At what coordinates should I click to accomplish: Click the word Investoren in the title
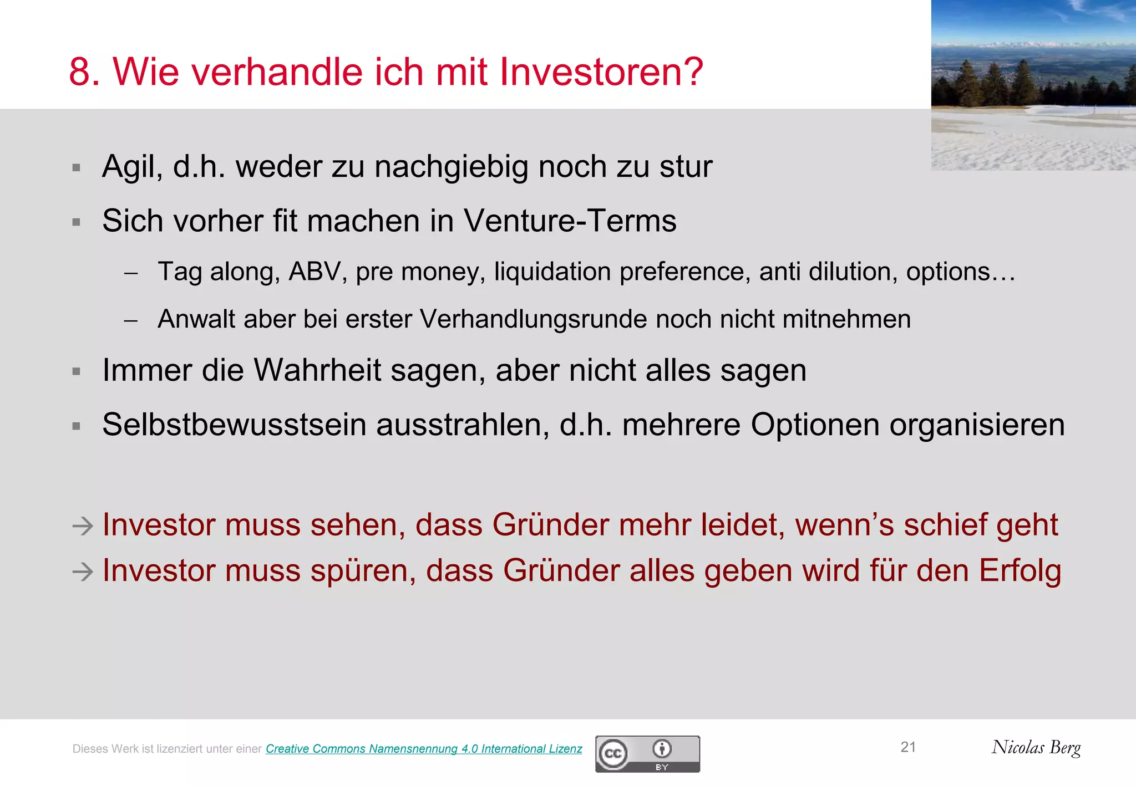click(601, 72)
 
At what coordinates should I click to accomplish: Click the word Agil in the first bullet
click(132, 167)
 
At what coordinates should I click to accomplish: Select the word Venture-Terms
click(570, 221)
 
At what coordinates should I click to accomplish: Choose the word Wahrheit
click(317, 370)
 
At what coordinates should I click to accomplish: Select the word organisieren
click(977, 425)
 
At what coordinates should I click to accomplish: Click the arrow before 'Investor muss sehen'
click(83, 525)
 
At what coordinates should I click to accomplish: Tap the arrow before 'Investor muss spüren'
click(83, 571)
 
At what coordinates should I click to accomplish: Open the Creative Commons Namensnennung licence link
click(424, 749)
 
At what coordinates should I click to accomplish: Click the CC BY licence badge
click(647, 754)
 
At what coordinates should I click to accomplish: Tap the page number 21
click(908, 747)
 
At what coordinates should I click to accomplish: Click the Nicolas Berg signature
click(1036, 748)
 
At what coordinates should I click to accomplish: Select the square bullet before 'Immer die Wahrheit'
click(77, 371)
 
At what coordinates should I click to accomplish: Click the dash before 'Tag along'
click(131, 273)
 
